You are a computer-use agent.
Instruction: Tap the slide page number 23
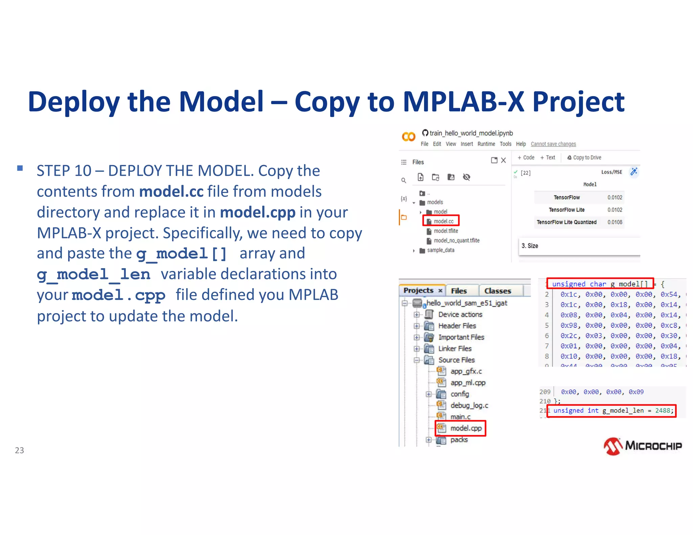click(19, 450)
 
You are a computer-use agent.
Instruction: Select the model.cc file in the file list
click(443, 221)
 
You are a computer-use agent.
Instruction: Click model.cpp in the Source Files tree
click(465, 428)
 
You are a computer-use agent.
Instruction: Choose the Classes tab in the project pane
click(497, 291)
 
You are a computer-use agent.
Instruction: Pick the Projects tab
click(418, 290)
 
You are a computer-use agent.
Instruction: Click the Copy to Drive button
click(584, 158)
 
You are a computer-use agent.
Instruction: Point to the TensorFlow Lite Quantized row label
click(566, 222)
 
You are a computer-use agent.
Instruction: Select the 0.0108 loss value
click(614, 222)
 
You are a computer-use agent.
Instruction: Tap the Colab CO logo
click(408, 137)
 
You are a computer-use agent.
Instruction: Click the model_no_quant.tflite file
click(456, 240)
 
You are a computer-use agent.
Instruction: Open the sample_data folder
click(440, 250)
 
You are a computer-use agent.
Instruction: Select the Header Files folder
click(457, 326)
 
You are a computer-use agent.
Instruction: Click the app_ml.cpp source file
click(468, 383)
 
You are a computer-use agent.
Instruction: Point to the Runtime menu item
click(486, 144)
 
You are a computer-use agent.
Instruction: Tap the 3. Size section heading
click(530, 246)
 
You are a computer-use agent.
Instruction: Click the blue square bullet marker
click(20, 168)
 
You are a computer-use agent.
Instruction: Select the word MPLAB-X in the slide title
click(463, 102)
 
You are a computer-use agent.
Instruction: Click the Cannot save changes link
click(553, 144)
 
